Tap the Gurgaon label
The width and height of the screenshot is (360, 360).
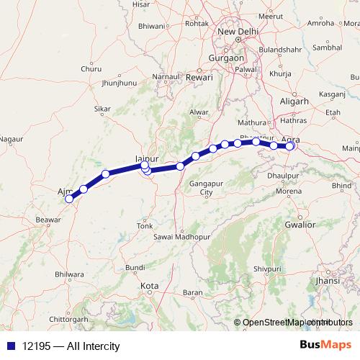click(x=225, y=57)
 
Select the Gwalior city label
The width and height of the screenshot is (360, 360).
click(x=300, y=225)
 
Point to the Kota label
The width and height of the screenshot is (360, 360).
click(x=149, y=286)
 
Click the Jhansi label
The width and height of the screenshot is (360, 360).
click(x=328, y=280)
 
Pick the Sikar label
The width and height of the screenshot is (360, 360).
click(x=103, y=109)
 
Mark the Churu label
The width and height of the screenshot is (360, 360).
click(x=91, y=69)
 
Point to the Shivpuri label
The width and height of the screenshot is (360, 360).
click(x=267, y=268)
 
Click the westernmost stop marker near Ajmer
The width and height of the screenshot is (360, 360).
click(x=69, y=199)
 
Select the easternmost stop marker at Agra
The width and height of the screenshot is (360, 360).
click(x=291, y=146)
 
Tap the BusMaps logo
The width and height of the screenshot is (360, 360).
click(x=325, y=346)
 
